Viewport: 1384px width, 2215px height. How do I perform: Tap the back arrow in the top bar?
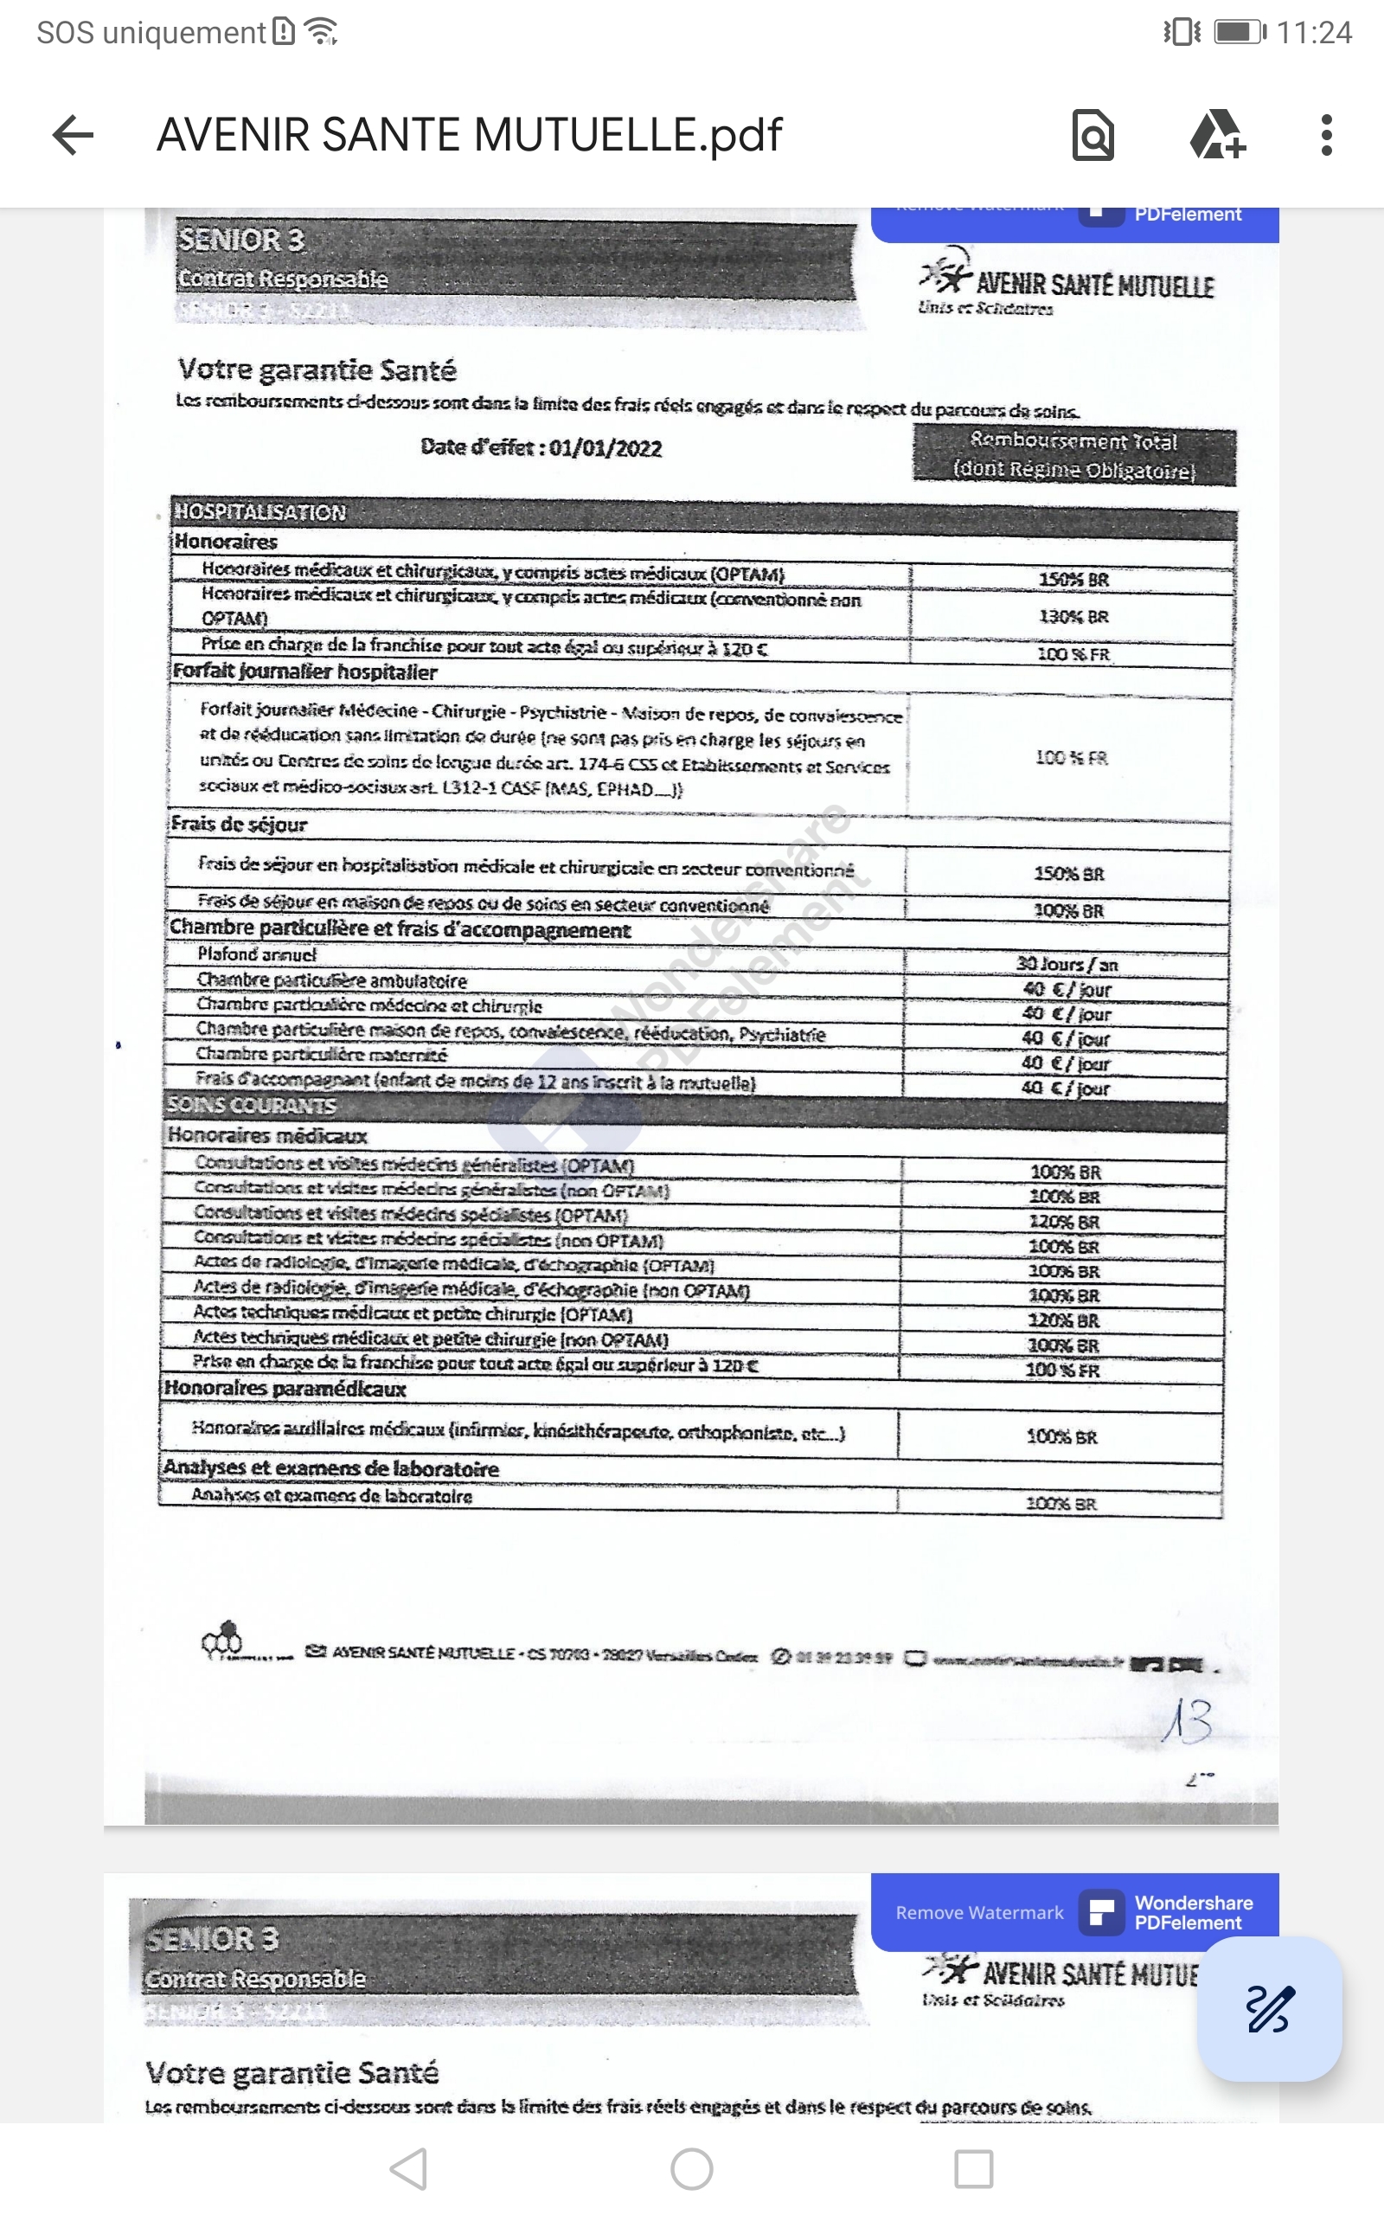coord(74,136)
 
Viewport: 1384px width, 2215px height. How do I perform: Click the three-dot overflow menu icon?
coord(1326,136)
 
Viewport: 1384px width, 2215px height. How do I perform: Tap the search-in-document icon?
coord(1092,136)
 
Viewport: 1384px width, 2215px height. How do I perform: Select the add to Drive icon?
coord(1216,136)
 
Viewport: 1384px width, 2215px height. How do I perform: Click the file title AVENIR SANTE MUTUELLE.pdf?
coord(470,136)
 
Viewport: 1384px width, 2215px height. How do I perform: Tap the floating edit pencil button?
coord(1270,2009)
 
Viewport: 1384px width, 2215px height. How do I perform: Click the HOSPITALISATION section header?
coord(261,511)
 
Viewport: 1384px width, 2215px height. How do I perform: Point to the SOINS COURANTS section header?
coord(252,1106)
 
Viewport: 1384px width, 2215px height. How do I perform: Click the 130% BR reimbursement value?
coord(1073,617)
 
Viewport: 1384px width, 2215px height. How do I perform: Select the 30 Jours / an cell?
coord(1067,964)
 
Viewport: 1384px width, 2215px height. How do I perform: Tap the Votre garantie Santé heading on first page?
coord(317,369)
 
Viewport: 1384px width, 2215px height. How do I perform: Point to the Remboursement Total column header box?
coord(1073,456)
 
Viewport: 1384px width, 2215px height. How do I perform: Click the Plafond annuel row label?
coord(257,954)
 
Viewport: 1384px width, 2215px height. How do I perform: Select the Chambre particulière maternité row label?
coord(321,1055)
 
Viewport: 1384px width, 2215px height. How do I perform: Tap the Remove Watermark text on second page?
coord(979,1913)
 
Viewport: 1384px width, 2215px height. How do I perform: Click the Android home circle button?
coord(692,2169)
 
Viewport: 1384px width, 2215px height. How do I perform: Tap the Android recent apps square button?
coord(974,2169)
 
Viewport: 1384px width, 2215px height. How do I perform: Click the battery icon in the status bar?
coord(1240,32)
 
